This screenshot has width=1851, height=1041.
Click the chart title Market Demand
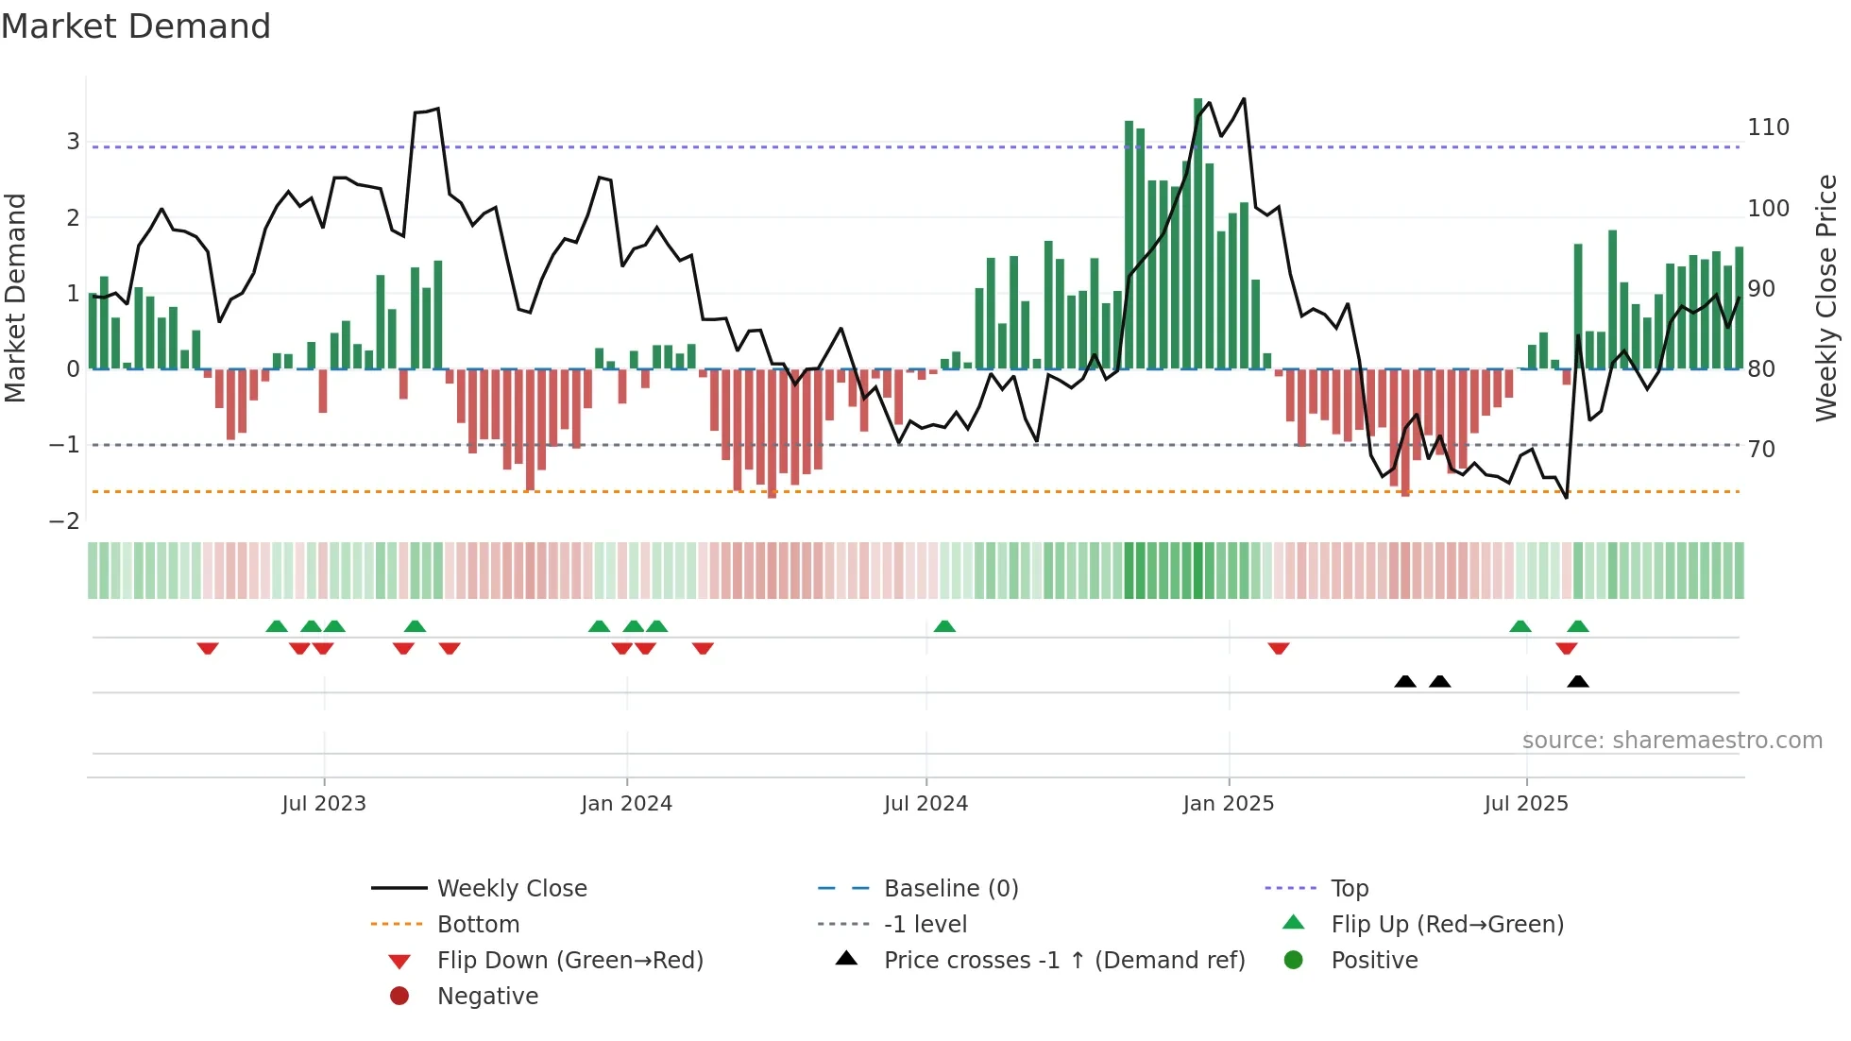(136, 26)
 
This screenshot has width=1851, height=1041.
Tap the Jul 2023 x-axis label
(324, 804)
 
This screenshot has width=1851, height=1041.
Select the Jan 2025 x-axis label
(1228, 804)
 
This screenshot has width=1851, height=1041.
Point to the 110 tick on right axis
(1768, 128)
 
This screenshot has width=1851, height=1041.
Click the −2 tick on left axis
(64, 521)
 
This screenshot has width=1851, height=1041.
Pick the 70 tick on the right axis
(1761, 450)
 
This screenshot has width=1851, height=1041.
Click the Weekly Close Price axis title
(1826, 298)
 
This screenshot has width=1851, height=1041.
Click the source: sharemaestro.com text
(1672, 741)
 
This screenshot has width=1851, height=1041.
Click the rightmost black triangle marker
(1577, 682)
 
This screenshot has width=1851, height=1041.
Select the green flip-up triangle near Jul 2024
(944, 626)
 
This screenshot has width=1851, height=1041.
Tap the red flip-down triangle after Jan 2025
(1279, 648)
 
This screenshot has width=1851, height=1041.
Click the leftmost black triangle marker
(1405, 682)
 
